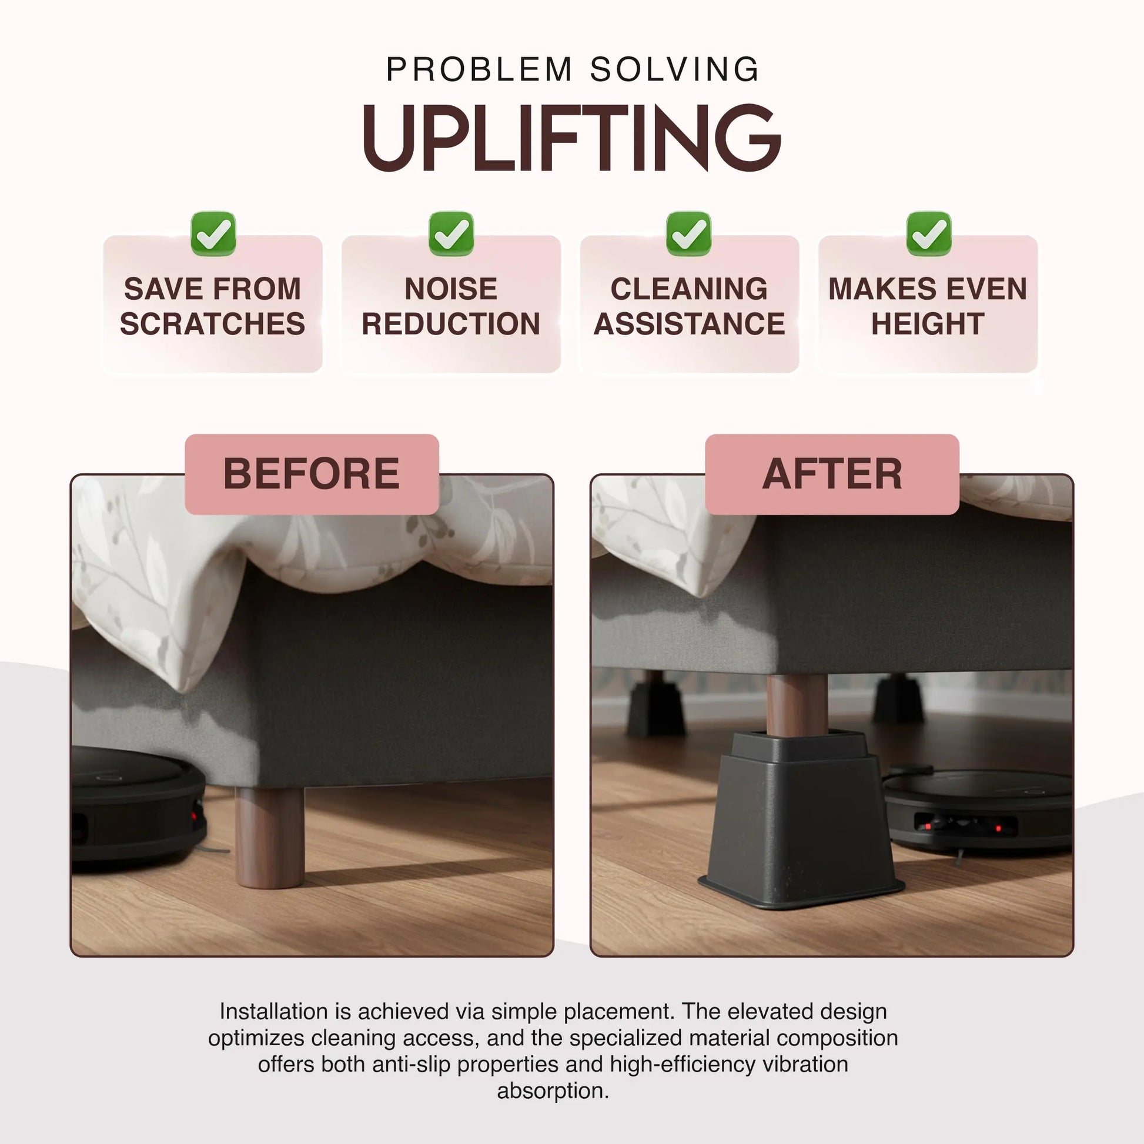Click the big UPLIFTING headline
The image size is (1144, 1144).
point(572,138)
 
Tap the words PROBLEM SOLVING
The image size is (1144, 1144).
point(572,70)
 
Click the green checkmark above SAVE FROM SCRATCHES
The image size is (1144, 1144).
point(213,234)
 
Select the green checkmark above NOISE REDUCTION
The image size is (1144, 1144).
point(451,234)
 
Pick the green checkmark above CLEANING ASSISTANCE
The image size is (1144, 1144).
point(688,234)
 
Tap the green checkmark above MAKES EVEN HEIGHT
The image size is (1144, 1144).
point(928,234)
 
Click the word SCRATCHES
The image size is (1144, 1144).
point(213,324)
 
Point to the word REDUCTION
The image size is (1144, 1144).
point(451,324)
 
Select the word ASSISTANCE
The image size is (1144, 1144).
point(689,324)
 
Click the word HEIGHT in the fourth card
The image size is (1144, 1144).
point(928,324)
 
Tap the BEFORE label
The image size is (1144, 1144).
point(312,474)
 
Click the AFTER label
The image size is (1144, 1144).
point(832,474)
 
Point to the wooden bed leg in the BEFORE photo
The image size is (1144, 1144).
point(270,837)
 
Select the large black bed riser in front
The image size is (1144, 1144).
point(801,829)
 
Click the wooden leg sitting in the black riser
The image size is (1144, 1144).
point(797,705)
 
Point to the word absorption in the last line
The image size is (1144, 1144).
point(553,1091)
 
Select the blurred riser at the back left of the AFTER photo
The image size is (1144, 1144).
point(656,708)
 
